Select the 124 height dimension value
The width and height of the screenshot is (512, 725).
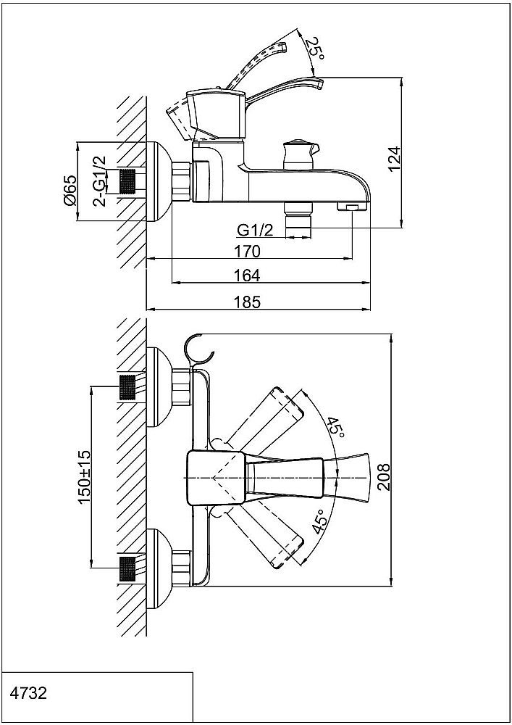394,159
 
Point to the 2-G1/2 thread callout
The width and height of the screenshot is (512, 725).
99,181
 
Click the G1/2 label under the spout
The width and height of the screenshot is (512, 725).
255,230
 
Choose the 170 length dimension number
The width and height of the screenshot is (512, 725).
248,252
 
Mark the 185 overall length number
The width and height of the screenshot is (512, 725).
248,302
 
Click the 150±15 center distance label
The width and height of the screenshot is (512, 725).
85,477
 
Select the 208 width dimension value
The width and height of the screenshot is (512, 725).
384,477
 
